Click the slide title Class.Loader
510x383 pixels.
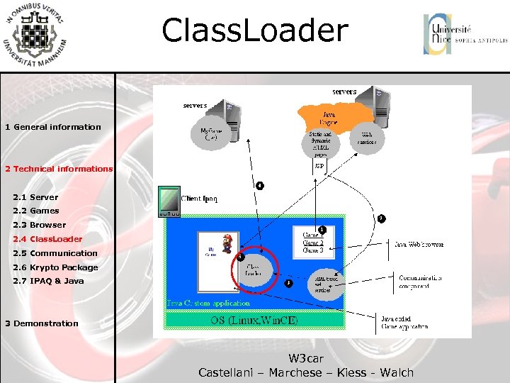click(255, 31)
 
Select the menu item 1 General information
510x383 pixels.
click(53, 127)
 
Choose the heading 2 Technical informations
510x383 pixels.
click(59, 169)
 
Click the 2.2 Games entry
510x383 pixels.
click(36, 211)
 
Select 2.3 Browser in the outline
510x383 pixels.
click(39, 225)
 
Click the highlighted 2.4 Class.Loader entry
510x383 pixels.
click(47, 239)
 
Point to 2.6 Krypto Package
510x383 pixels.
click(55, 267)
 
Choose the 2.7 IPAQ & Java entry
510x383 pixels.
click(48, 281)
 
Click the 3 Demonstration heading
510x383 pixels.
click(42, 323)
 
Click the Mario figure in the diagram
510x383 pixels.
click(227, 243)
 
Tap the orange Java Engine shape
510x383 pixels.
click(334, 114)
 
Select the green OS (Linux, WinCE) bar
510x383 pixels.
click(254, 320)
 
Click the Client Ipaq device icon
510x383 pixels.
click(170, 201)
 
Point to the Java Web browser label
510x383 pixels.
click(419, 244)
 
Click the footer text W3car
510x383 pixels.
click(306, 359)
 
